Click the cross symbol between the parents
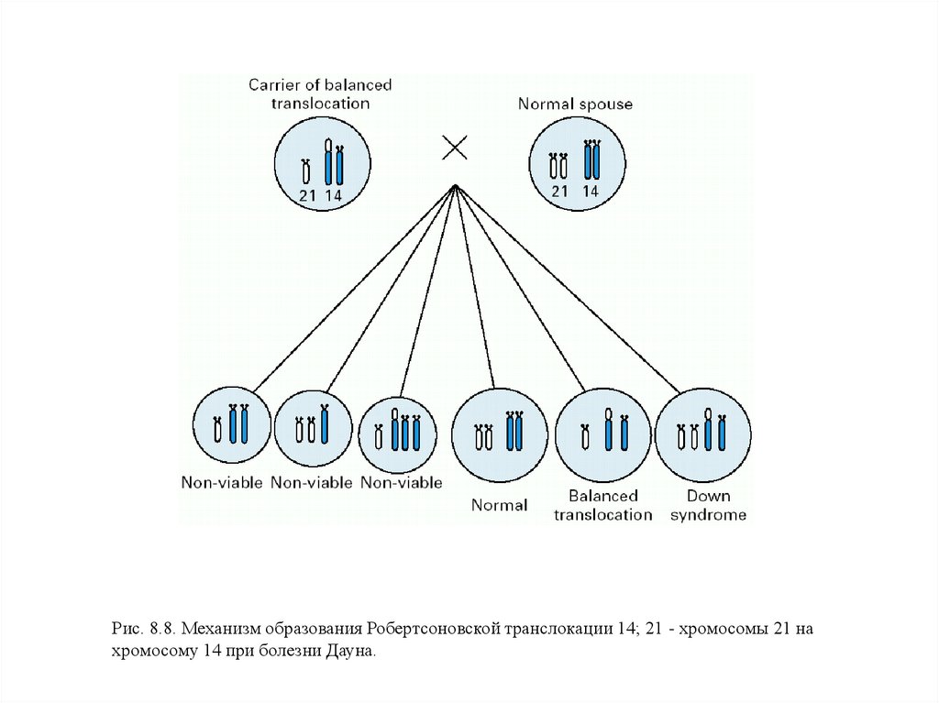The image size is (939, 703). [455, 148]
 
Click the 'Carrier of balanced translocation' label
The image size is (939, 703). [320, 93]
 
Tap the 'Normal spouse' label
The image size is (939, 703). [575, 104]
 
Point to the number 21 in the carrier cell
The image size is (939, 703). [306, 194]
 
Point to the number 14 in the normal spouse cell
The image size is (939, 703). [591, 192]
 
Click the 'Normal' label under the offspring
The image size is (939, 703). [499, 505]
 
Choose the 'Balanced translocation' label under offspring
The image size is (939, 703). [603, 505]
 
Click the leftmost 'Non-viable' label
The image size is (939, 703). [222, 483]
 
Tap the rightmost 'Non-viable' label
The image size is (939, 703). [402, 482]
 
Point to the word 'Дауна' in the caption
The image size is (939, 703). [351, 651]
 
